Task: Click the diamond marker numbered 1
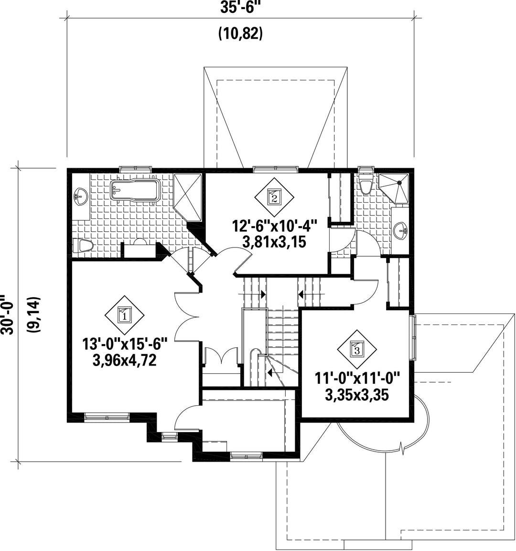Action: click(124, 315)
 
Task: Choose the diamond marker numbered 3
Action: click(356, 349)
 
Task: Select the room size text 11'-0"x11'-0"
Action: click(356, 378)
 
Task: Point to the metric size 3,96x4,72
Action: click(126, 360)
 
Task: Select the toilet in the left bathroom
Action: click(84, 246)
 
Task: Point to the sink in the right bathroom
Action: click(401, 231)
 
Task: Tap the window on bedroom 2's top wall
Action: click(275, 168)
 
